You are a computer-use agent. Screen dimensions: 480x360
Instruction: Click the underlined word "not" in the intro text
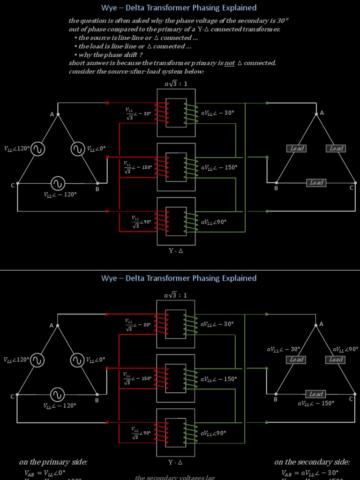[230, 63]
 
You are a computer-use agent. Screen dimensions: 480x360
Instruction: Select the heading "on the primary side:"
[53, 462]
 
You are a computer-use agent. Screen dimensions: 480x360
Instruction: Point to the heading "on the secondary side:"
[312, 462]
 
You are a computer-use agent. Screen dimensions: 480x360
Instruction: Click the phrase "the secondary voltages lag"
[175, 477]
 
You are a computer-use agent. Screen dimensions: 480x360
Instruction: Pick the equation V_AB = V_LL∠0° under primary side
[45, 473]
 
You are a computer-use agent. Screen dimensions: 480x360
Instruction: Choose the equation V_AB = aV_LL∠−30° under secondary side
[310, 473]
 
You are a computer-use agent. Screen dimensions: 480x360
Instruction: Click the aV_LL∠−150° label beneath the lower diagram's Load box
[316, 403]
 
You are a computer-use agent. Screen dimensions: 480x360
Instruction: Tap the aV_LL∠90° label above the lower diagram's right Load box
[345, 349]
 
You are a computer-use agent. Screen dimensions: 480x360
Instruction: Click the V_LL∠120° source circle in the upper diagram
[37, 149]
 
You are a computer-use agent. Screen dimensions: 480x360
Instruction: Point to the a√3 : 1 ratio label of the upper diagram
[176, 84]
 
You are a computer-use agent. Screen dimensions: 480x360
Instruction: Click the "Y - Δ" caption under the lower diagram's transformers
[176, 463]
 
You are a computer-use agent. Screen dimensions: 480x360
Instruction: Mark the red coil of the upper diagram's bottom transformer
[161, 222]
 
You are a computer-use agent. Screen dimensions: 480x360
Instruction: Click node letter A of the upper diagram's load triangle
[322, 113]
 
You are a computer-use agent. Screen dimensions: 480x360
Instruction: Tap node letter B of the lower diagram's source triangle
[97, 400]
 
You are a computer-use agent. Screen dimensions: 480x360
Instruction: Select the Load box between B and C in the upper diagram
[316, 183]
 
